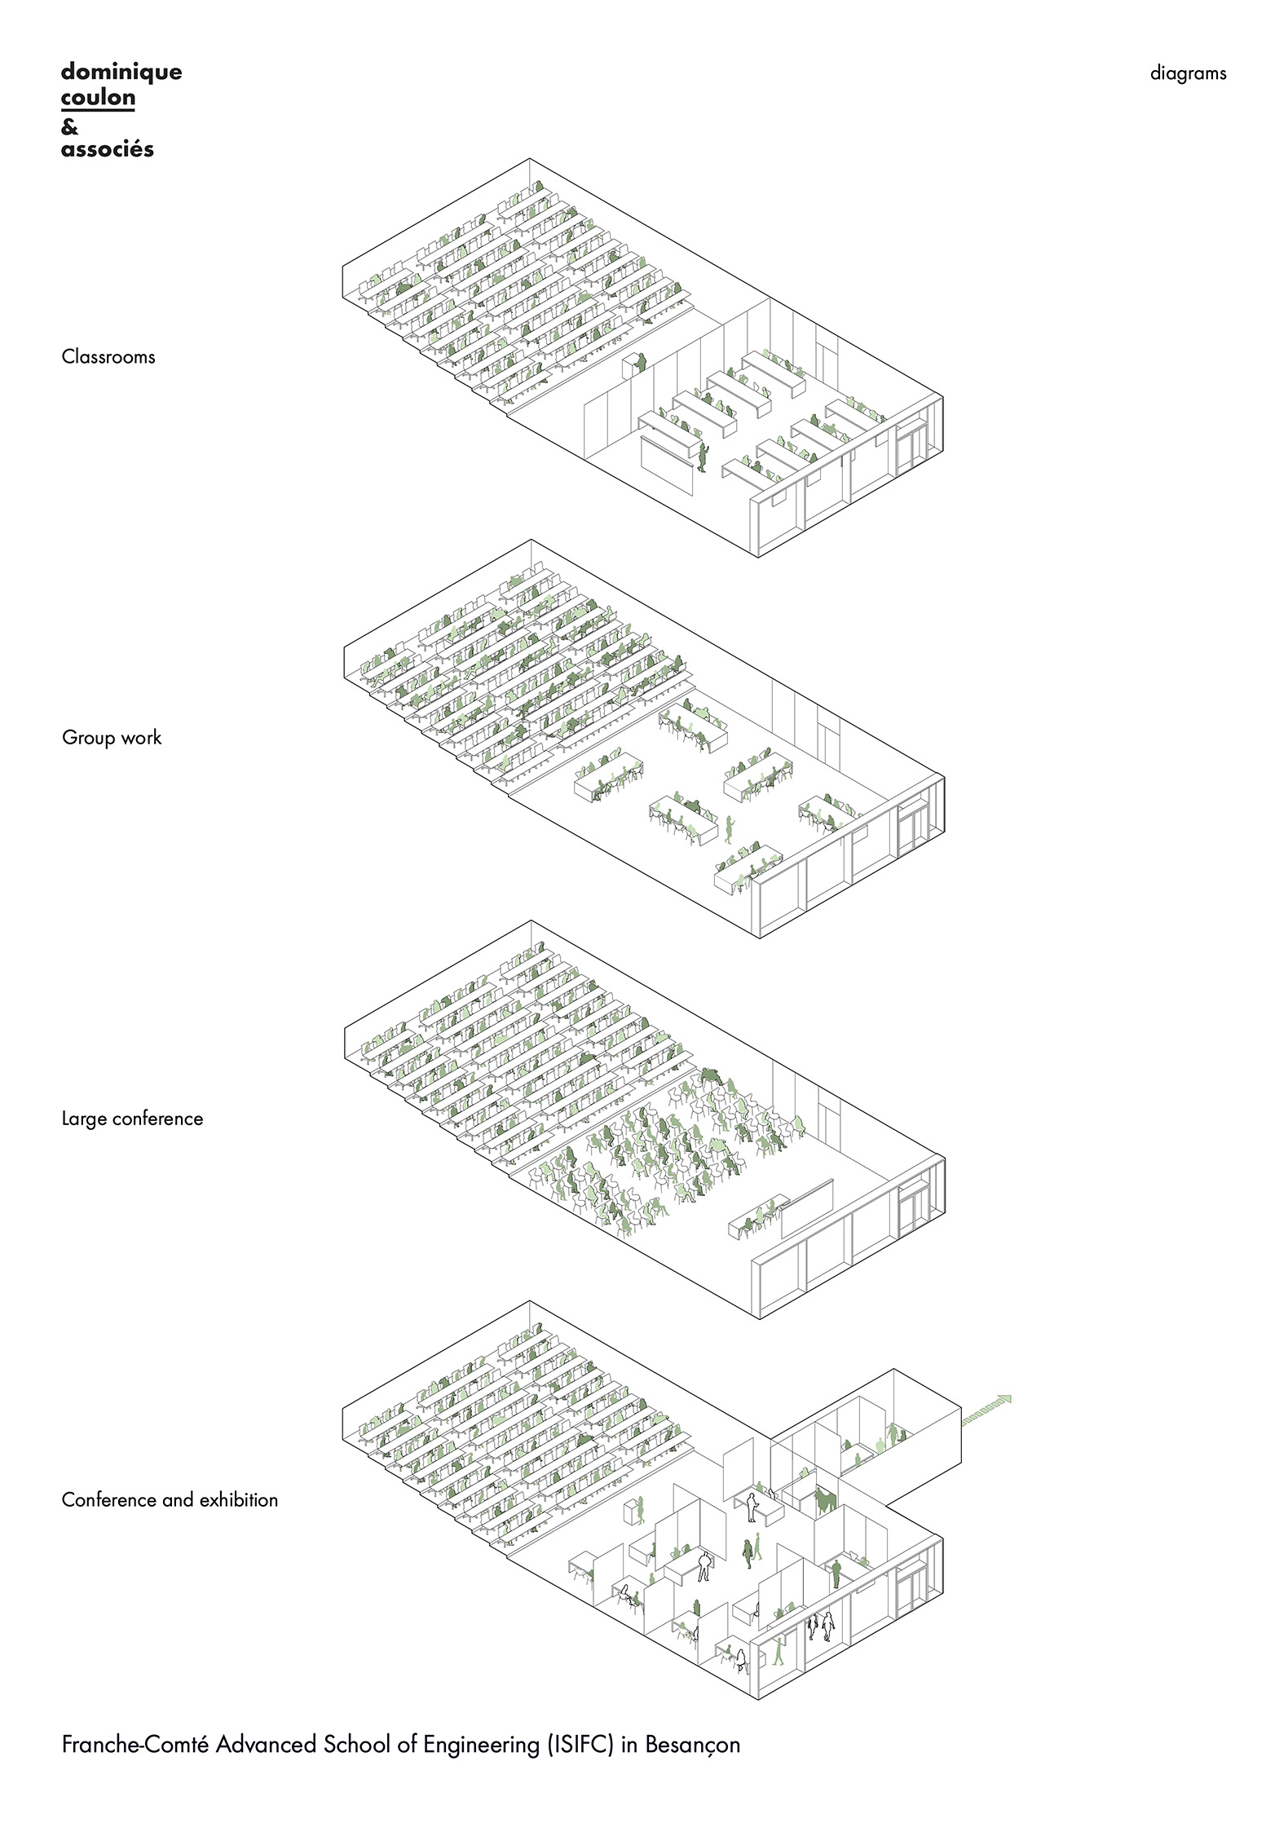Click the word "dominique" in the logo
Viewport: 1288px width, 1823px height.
click(x=121, y=73)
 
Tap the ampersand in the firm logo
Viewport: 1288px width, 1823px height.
click(x=69, y=126)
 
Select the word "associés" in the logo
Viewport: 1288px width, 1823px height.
click(x=108, y=149)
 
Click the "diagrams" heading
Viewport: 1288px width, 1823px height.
click(x=1188, y=73)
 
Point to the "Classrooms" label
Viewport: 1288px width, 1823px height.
click(x=108, y=356)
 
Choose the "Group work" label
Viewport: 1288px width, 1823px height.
click(x=112, y=738)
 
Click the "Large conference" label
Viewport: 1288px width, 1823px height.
click(x=132, y=1119)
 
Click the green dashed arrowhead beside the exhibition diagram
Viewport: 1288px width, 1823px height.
click(x=1005, y=1400)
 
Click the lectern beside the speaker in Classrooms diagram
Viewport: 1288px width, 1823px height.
click(x=631, y=366)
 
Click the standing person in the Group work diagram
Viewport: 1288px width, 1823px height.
click(x=730, y=830)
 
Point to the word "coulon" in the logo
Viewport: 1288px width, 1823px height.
click(x=98, y=98)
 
